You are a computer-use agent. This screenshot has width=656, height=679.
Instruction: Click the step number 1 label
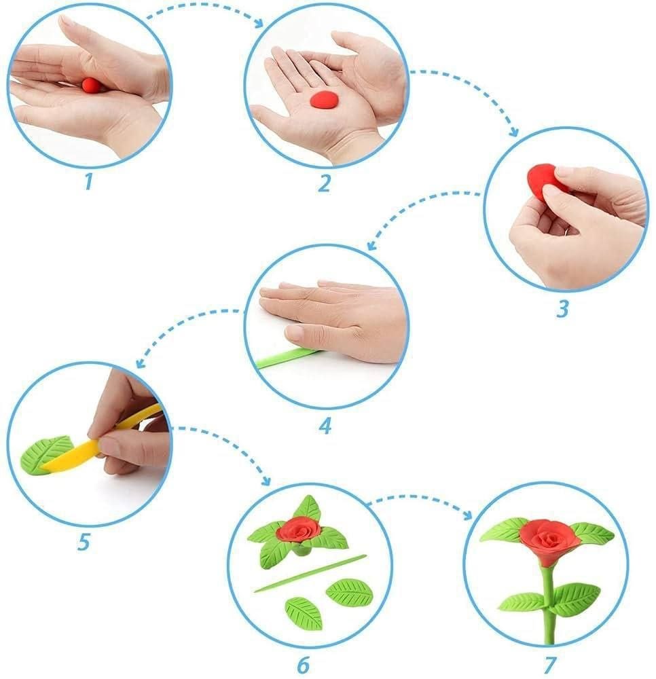pos(88,181)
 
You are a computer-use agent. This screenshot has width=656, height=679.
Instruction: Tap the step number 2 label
pos(324,183)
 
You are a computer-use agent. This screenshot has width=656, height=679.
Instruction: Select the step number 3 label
pos(562,310)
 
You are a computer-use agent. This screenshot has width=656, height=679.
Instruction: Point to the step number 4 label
pos(325,426)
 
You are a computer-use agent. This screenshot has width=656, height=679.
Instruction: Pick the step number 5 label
pos(84,542)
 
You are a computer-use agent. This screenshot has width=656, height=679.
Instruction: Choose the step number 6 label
pos(303,665)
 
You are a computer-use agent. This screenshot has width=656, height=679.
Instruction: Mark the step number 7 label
pos(549,665)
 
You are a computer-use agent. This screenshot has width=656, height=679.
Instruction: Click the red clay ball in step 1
pos(91,86)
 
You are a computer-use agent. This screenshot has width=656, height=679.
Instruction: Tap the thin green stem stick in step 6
pos(310,573)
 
